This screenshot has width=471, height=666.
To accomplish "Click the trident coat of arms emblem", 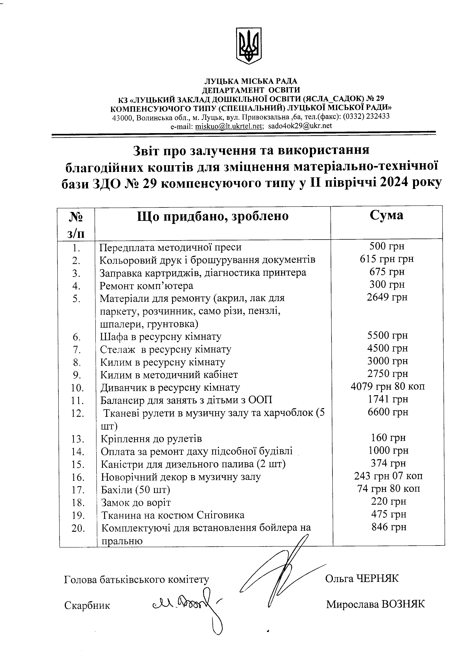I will (x=249, y=46).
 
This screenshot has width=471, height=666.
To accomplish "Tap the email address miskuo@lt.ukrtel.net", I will (x=229, y=126).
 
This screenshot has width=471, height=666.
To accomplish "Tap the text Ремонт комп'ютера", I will (x=146, y=286).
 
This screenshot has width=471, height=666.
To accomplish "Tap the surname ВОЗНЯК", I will (x=403, y=604).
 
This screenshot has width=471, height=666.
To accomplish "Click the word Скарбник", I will (x=87, y=605).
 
